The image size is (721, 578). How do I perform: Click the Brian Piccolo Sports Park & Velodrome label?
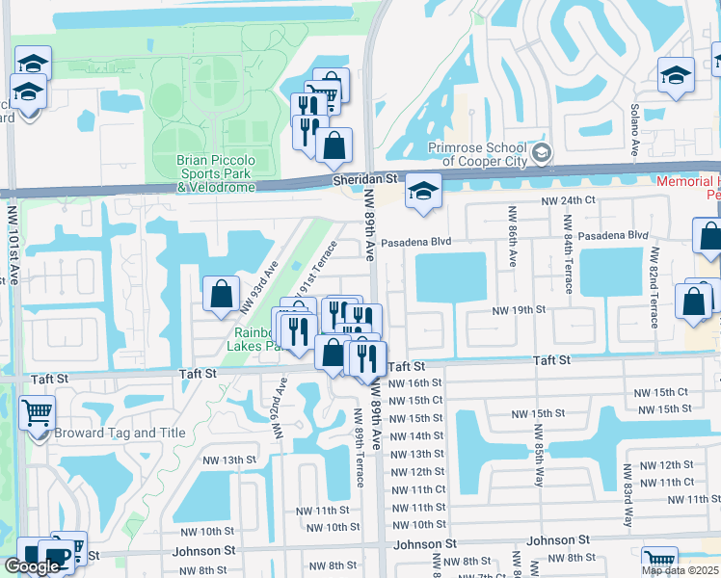click(x=216, y=173)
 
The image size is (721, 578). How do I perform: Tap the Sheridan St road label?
click(x=365, y=179)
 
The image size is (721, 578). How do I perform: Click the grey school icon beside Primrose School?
click(x=542, y=153)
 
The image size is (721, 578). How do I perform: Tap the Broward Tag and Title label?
click(x=120, y=433)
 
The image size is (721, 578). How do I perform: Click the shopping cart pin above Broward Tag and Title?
click(x=37, y=413)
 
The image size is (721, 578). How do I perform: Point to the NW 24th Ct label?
click(x=569, y=200)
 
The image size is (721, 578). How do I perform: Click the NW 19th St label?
click(x=520, y=310)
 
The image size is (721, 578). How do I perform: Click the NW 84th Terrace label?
click(x=567, y=255)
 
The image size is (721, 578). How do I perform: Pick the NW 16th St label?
click(x=414, y=383)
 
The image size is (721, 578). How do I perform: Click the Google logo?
click(x=32, y=566)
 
